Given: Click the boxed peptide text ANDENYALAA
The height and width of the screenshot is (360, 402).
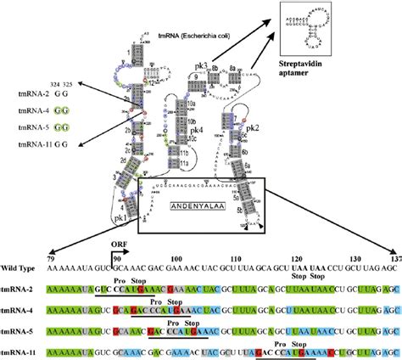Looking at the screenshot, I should pos(197,205).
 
